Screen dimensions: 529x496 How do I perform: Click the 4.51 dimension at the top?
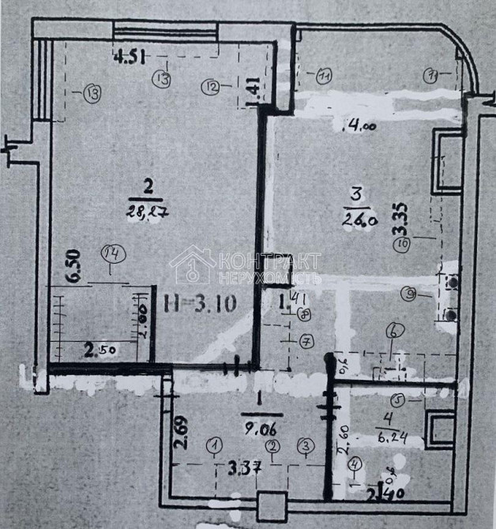click(130, 56)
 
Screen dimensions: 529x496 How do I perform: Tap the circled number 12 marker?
click(210, 88)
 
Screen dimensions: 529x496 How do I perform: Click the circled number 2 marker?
click(272, 447)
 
